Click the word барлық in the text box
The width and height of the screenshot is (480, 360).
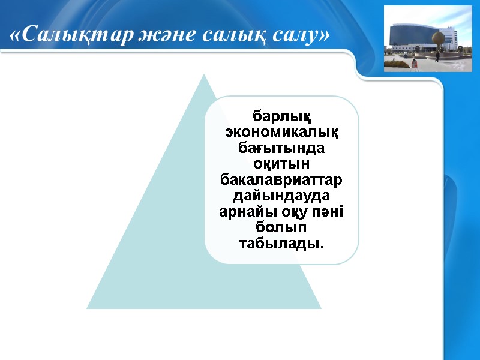281,114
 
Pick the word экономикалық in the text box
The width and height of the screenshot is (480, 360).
281,130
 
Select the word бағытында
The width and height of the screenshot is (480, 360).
281,146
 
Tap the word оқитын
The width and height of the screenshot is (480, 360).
281,163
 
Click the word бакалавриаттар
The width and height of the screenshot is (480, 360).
281,179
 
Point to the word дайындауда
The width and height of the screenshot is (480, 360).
281,195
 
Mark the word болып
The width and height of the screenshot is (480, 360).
281,228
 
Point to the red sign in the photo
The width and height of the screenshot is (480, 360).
413,62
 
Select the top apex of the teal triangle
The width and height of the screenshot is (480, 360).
204,75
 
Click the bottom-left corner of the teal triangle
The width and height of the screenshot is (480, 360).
88,308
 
